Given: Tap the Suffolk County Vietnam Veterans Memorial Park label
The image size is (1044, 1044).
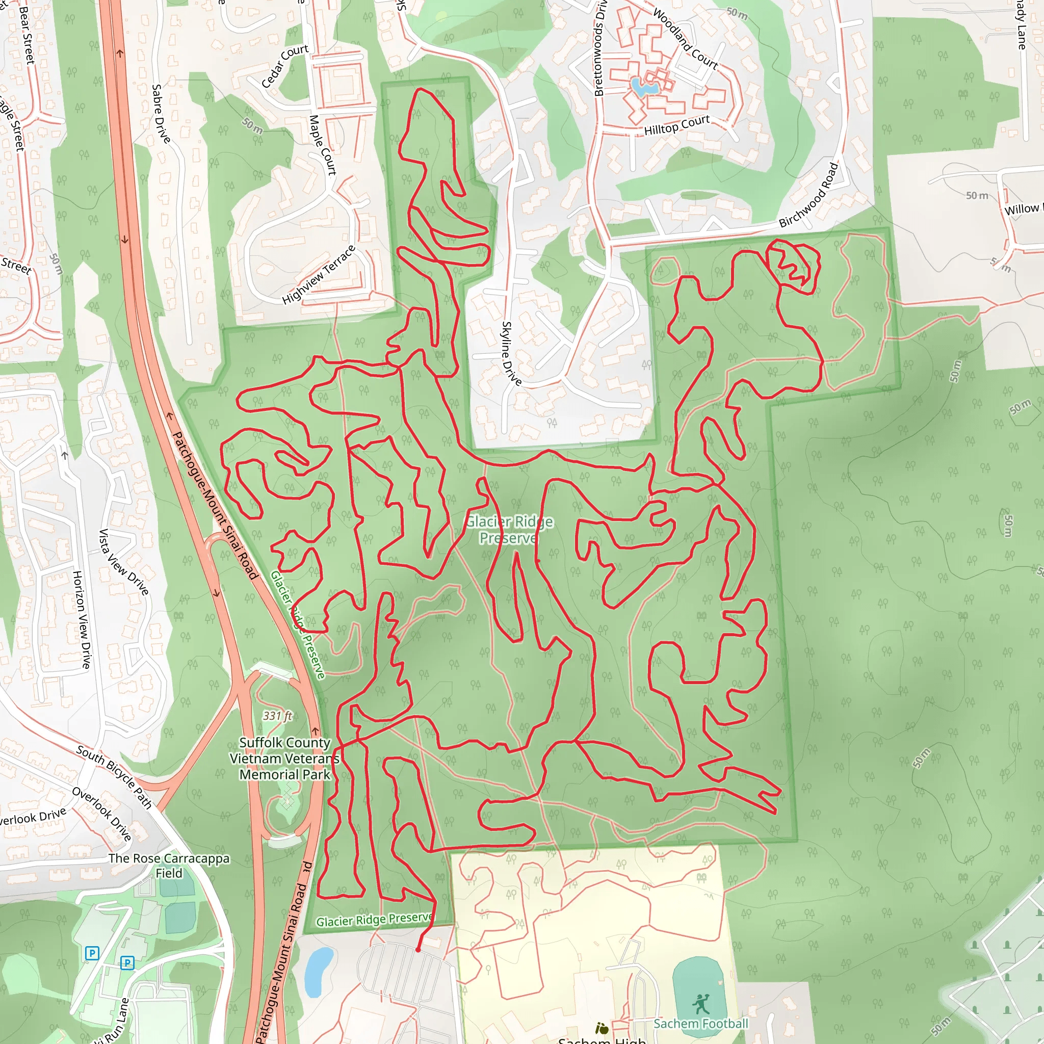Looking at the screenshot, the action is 284,758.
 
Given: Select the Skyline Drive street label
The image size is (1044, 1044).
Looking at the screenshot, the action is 511,353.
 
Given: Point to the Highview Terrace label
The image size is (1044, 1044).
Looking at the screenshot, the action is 319,275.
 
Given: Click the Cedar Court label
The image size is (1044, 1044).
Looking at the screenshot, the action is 285,66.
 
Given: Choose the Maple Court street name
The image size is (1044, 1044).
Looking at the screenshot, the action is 323,145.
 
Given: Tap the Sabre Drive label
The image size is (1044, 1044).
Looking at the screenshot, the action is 161,114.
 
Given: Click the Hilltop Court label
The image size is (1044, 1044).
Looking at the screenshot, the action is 676,125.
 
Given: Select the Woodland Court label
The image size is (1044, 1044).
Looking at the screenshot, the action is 685,39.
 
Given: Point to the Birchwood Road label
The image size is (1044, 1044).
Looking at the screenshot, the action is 808,195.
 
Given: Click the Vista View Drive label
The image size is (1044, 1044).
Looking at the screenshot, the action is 123,562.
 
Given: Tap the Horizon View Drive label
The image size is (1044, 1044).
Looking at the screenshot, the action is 82,619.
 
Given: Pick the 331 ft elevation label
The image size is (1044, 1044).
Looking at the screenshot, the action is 277,716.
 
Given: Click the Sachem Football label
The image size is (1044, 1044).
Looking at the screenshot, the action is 701,1024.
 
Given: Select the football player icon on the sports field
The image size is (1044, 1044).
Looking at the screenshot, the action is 701,1005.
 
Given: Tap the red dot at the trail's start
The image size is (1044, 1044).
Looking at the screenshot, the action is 417,949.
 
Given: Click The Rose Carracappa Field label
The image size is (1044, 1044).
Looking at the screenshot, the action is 169,865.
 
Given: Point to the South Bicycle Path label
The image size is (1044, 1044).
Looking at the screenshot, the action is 114,777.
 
